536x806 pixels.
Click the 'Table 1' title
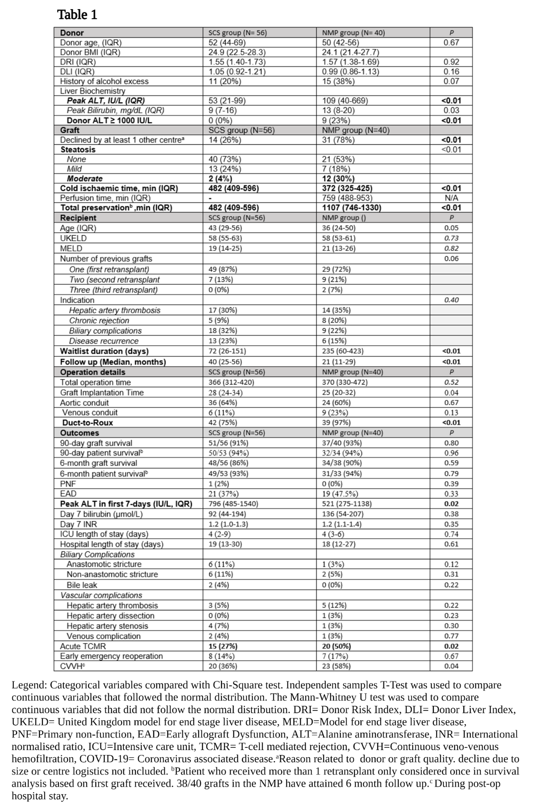tap(77, 15)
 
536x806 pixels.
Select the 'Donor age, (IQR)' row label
tap(91, 43)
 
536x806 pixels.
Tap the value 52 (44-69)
tap(227, 43)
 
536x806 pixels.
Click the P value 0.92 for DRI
tap(451, 62)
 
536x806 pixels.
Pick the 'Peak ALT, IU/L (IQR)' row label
tap(106, 101)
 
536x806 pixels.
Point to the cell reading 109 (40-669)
tap(345, 101)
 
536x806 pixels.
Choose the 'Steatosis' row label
tap(78, 149)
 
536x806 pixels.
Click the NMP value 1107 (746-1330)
tap(351, 208)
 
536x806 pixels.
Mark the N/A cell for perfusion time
tap(451, 198)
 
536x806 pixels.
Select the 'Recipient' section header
tap(78, 218)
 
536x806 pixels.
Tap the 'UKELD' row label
tap(73, 238)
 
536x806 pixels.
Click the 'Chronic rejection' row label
tap(99, 320)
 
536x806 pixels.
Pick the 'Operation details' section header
tap(93, 372)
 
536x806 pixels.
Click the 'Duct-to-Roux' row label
tap(88, 423)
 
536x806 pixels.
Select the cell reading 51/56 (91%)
tap(228, 443)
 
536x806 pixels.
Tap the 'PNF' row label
tap(68, 484)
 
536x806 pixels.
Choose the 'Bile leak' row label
tap(82, 585)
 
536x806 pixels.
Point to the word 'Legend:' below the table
tap(29, 685)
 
